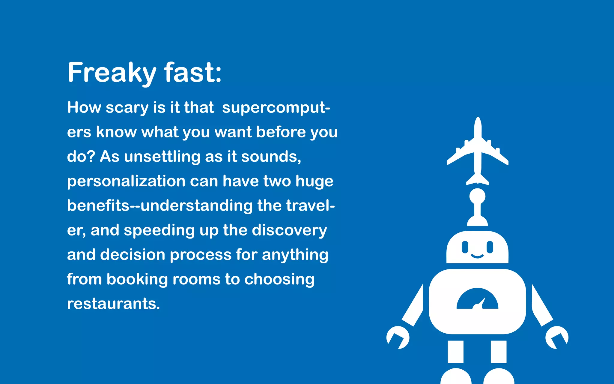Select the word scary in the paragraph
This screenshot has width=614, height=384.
tap(127, 108)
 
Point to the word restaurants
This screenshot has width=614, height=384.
tap(113, 304)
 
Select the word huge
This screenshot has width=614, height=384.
tap(314, 181)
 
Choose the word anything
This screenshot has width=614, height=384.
tap(295, 255)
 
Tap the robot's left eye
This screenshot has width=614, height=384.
tap(465, 247)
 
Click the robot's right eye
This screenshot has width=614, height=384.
tap(490, 247)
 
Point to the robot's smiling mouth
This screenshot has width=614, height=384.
tap(477, 256)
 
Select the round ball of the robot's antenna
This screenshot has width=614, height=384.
tap(477, 196)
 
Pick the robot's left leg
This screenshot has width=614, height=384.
tap(455, 352)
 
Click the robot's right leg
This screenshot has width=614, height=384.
tap(499, 352)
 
